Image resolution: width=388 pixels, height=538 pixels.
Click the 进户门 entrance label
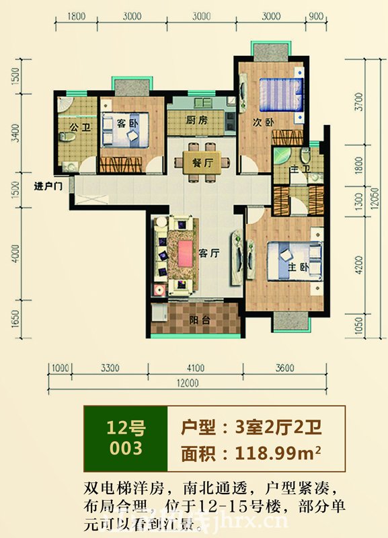point(48,186)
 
